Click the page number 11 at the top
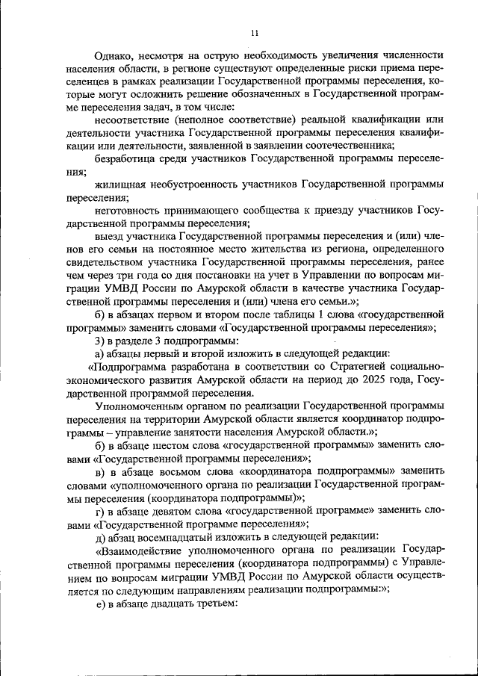tap(253, 32)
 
